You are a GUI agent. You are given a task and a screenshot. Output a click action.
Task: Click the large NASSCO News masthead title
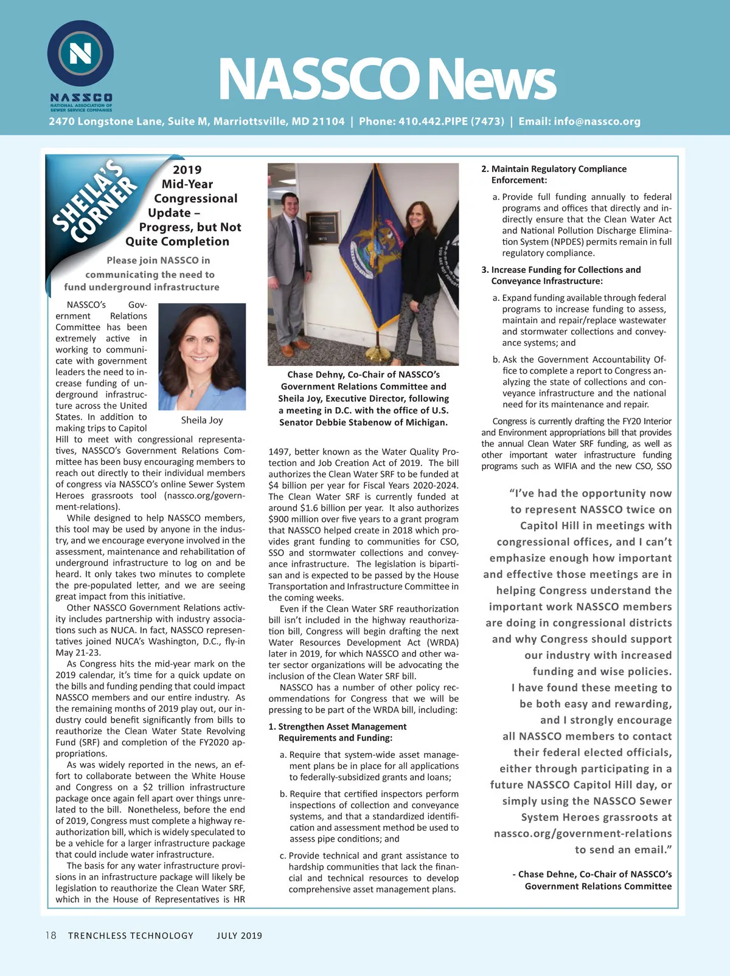pos(387,80)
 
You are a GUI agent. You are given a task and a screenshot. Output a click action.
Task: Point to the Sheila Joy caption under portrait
pos(202,421)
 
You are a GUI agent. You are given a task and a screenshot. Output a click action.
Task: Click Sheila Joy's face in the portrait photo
pos(201,347)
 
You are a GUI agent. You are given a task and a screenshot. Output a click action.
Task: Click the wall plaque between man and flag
pos(322,228)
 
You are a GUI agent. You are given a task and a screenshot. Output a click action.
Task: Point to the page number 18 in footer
pos(51,935)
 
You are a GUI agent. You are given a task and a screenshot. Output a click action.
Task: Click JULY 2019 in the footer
pos(239,936)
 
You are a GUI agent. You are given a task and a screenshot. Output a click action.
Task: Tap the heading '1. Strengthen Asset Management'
pos(338,727)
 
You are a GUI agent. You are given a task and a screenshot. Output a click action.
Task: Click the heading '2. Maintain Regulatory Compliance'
pos(554,169)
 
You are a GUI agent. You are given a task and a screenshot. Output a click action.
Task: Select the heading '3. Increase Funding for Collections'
pos(561,270)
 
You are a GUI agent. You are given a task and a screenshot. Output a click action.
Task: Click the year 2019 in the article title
pos(187,170)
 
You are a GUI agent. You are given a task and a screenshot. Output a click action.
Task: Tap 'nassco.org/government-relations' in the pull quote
pos(583,834)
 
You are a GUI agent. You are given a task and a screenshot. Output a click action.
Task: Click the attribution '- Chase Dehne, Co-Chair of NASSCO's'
pos(592,875)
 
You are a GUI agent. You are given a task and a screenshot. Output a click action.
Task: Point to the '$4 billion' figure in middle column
pos(289,486)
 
